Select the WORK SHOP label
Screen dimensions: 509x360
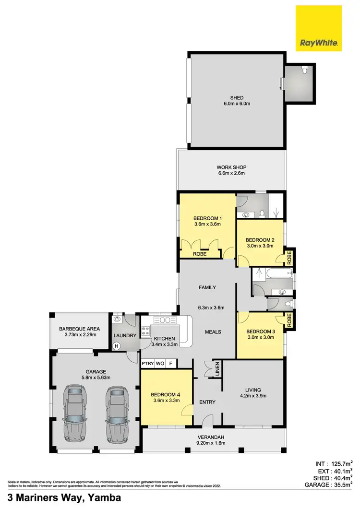(x=231, y=167)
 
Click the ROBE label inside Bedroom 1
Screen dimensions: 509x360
(x=199, y=254)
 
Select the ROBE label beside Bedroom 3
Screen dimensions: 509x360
(x=289, y=320)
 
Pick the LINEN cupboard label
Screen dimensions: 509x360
(x=217, y=369)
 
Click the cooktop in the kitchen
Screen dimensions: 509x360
(x=145, y=330)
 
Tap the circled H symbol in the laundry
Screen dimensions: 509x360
(x=116, y=345)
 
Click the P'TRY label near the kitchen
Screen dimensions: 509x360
(x=147, y=364)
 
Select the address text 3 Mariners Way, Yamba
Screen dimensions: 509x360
(x=64, y=498)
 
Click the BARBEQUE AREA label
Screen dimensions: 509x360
(x=80, y=329)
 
